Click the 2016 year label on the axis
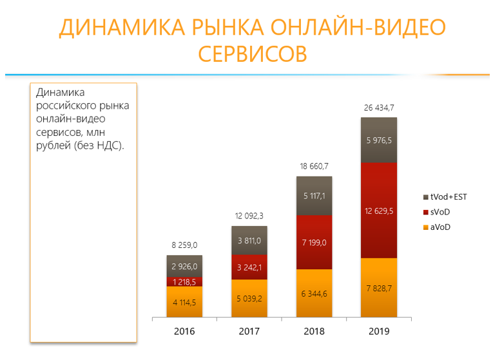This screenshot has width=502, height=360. pos(184,332)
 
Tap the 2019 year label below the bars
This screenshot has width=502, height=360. pos(378,332)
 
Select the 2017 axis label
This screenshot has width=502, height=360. pos(249,332)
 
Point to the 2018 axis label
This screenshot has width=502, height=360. pos(314,332)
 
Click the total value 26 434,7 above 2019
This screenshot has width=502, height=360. pos(378,108)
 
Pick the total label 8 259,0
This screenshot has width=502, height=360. pos(184,246)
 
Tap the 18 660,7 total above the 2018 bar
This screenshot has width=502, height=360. pos(314,167)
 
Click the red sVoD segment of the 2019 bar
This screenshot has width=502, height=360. pos(378,210)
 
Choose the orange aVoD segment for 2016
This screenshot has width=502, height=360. pos(184,301)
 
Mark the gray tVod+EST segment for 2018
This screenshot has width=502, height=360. pos(314,196)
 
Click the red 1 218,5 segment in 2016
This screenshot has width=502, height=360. pos(184,281)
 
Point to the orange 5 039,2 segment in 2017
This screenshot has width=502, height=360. pos(249,298)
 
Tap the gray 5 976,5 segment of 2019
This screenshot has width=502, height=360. pos(378,140)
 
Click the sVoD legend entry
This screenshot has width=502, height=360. pos(445,211)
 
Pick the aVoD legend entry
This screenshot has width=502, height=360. pos(445,225)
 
